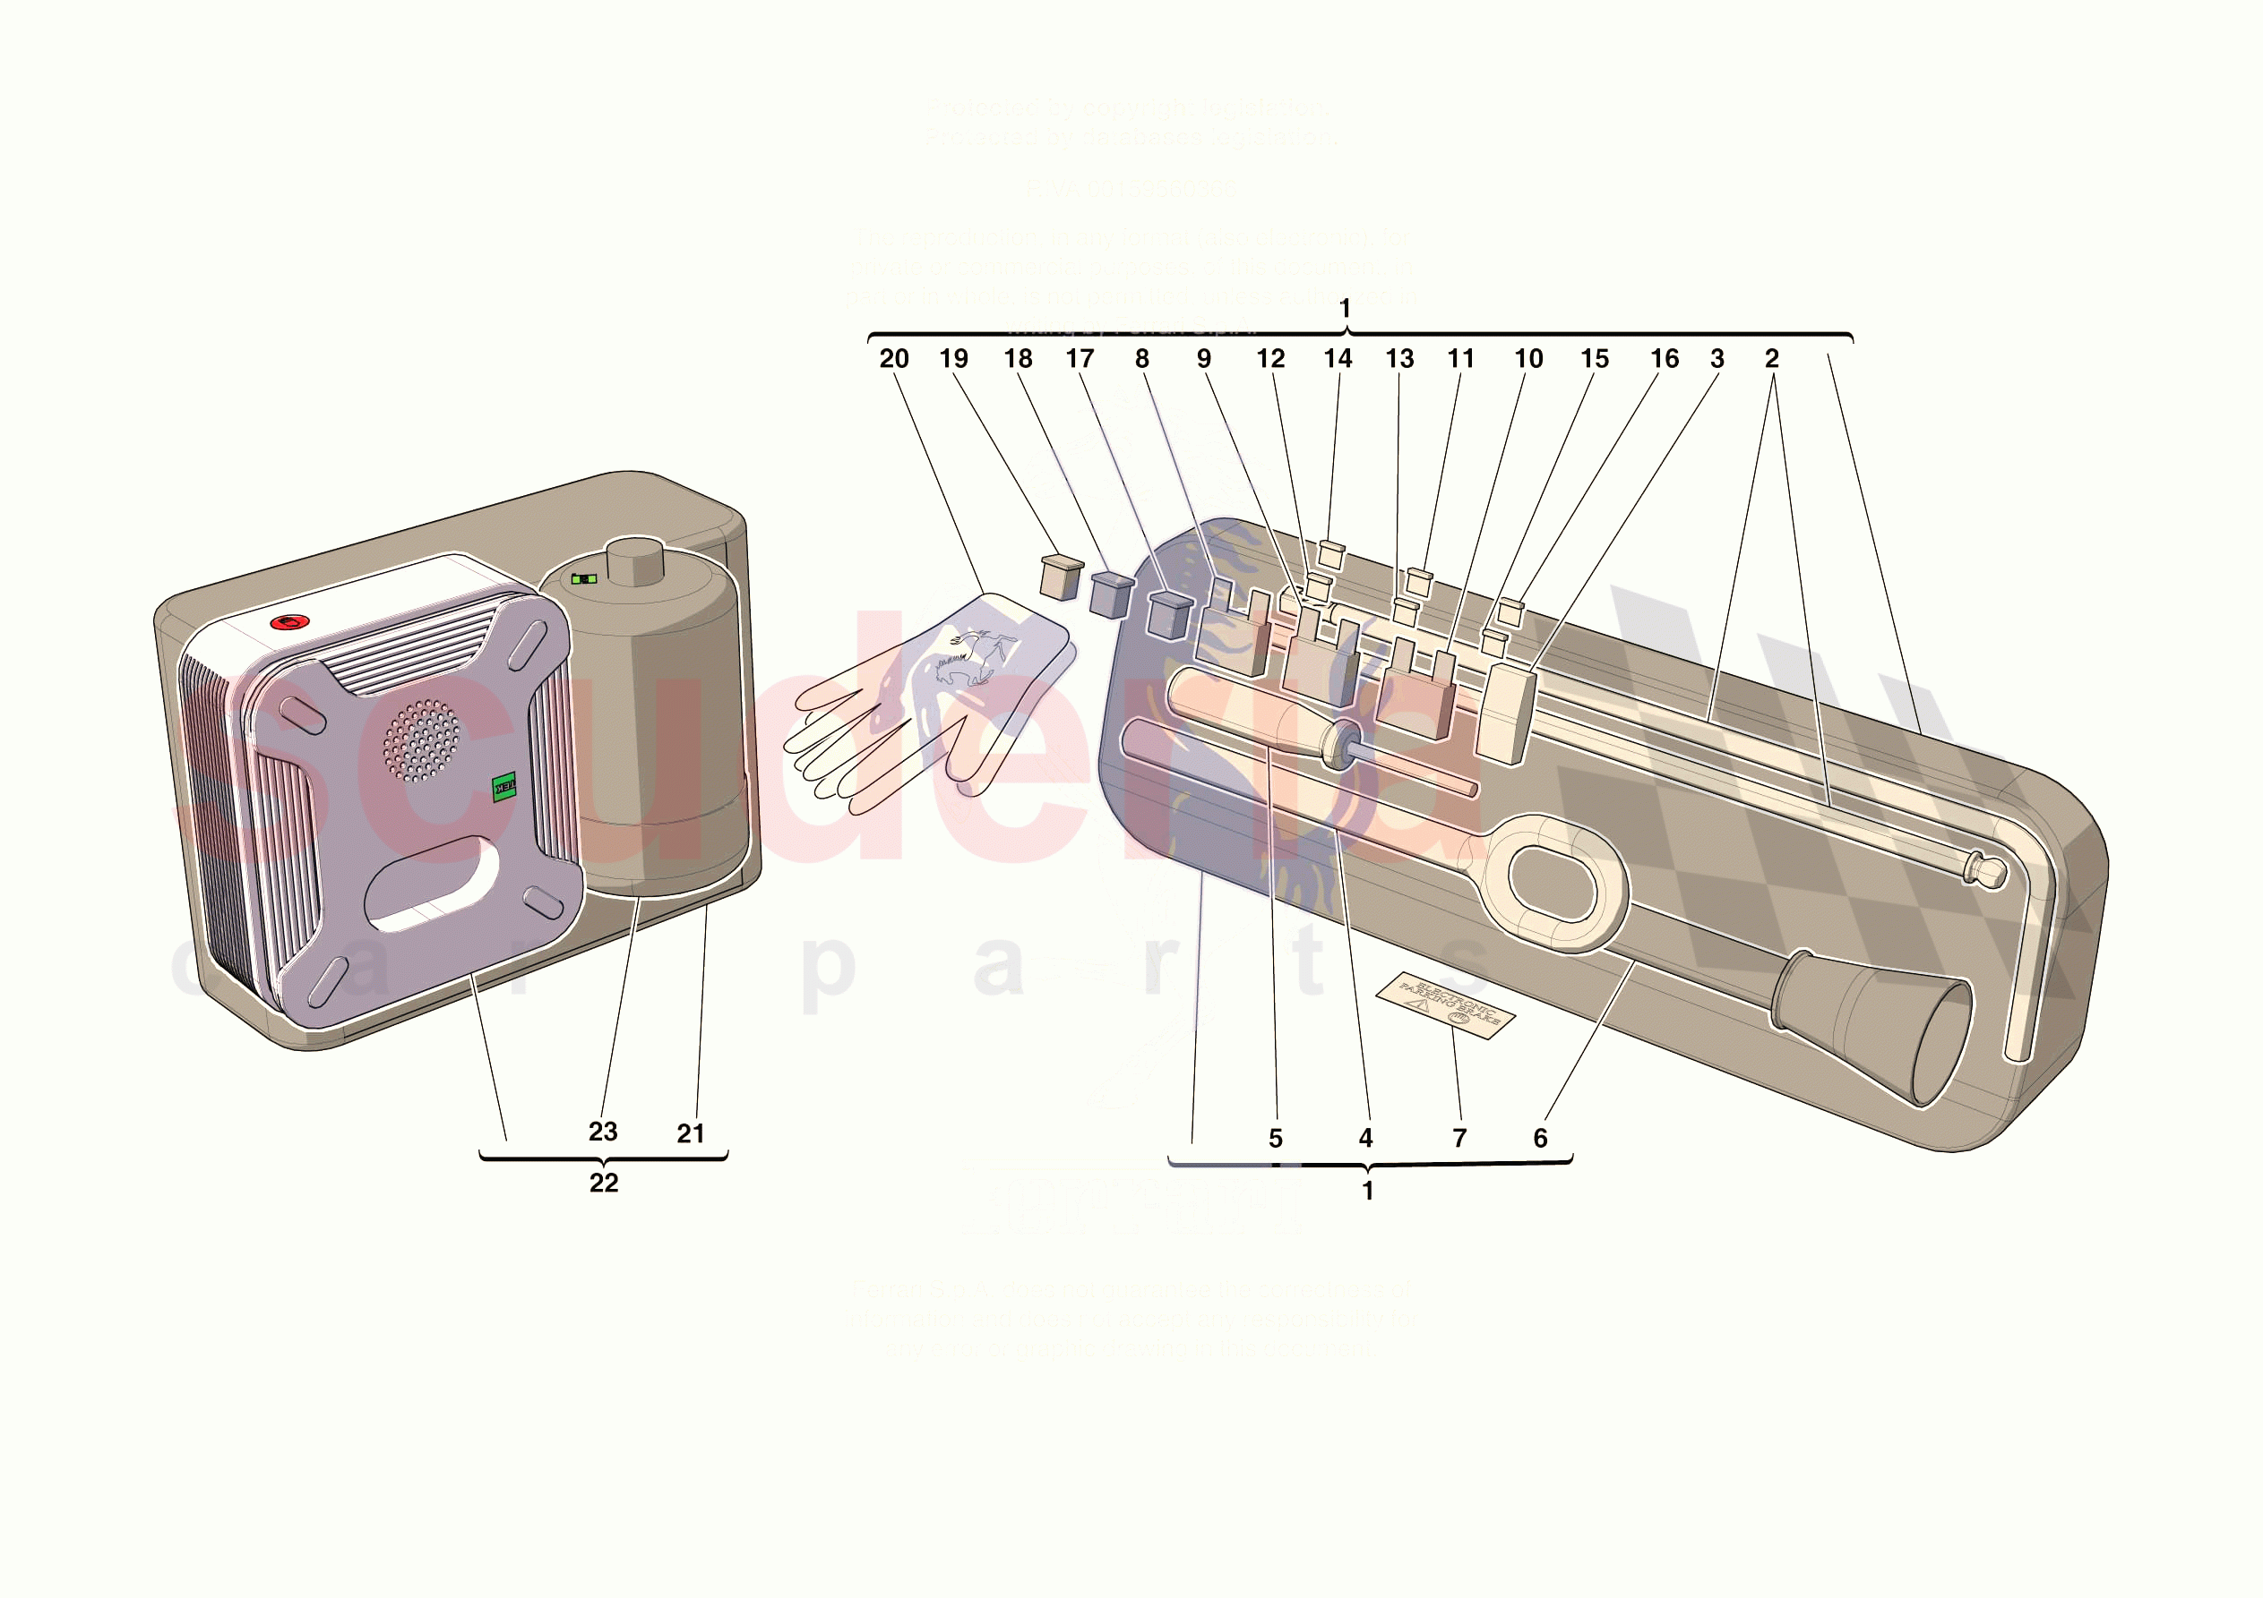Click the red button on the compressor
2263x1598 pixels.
[x=289, y=623]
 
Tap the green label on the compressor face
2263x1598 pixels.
[x=503, y=786]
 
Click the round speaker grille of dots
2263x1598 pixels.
[x=421, y=739]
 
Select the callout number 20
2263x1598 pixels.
[x=893, y=359]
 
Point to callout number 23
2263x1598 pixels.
[x=602, y=1131]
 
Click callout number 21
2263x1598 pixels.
[x=690, y=1133]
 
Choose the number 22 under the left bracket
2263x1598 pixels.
[x=603, y=1183]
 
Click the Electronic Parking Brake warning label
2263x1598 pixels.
[x=1445, y=1005]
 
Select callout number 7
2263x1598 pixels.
[x=1459, y=1138]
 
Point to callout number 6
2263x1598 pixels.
[x=1539, y=1138]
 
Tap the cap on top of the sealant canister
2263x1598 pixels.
[x=636, y=561]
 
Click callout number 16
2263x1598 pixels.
[x=1664, y=359]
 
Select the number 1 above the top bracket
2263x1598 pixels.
[x=1345, y=308]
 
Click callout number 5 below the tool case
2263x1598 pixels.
[x=1275, y=1138]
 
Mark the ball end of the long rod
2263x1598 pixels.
[x=1992, y=872]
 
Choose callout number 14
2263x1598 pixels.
[x=1337, y=359]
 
